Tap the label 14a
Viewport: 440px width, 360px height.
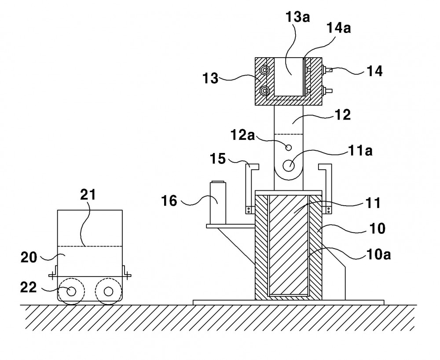click(x=339, y=28)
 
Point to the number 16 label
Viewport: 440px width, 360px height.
click(x=169, y=201)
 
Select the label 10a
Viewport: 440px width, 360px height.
click(x=378, y=255)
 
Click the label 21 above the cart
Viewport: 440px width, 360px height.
click(x=88, y=194)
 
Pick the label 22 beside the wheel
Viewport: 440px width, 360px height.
click(x=28, y=287)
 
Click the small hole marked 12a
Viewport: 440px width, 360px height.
click(x=288, y=148)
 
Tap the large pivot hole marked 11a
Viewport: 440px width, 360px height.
click(x=289, y=165)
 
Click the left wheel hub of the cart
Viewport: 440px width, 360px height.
click(x=71, y=291)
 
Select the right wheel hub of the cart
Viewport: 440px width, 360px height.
click(x=108, y=291)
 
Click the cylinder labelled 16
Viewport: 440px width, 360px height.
click(x=218, y=203)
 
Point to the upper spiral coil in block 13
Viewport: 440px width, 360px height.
click(x=264, y=70)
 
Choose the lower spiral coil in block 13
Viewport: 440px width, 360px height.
click(x=264, y=91)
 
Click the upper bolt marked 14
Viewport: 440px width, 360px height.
click(x=327, y=69)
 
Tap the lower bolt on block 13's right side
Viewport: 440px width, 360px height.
click(x=327, y=91)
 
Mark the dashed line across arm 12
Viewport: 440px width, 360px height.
click(x=289, y=135)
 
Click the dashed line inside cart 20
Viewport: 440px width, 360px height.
click(x=90, y=246)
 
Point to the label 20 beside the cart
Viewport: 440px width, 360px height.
click(x=29, y=257)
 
